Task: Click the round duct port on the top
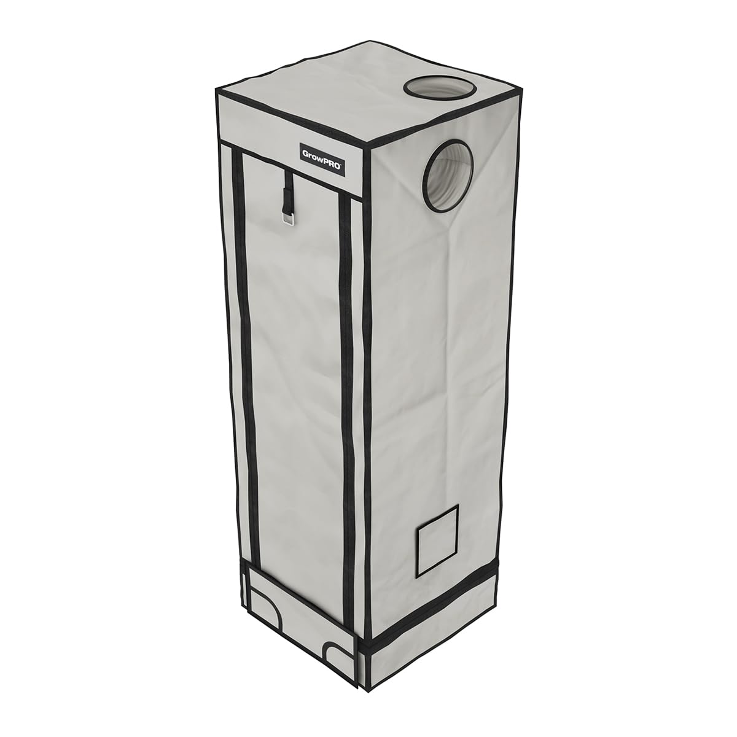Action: [x=440, y=92]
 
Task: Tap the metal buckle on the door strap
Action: [x=287, y=221]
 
